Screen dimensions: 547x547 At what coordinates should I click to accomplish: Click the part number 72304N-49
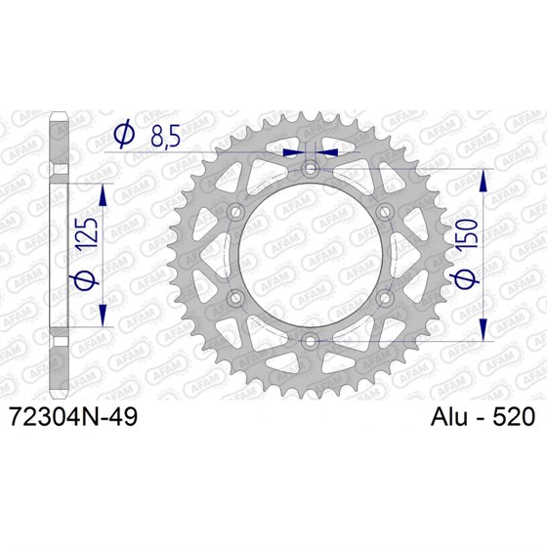[x=73, y=417]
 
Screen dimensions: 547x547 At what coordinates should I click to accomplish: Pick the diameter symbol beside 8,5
[x=125, y=136]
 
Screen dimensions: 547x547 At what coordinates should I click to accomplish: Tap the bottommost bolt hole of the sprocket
[x=310, y=340]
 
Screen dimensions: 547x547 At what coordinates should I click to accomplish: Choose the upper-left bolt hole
[x=235, y=213]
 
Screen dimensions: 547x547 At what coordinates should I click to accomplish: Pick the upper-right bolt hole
[x=383, y=213]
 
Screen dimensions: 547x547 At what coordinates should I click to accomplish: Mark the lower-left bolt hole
[x=235, y=298]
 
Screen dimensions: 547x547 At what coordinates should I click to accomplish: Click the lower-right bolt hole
[x=383, y=298]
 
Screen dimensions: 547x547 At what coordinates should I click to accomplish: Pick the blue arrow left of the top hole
[x=291, y=152]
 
